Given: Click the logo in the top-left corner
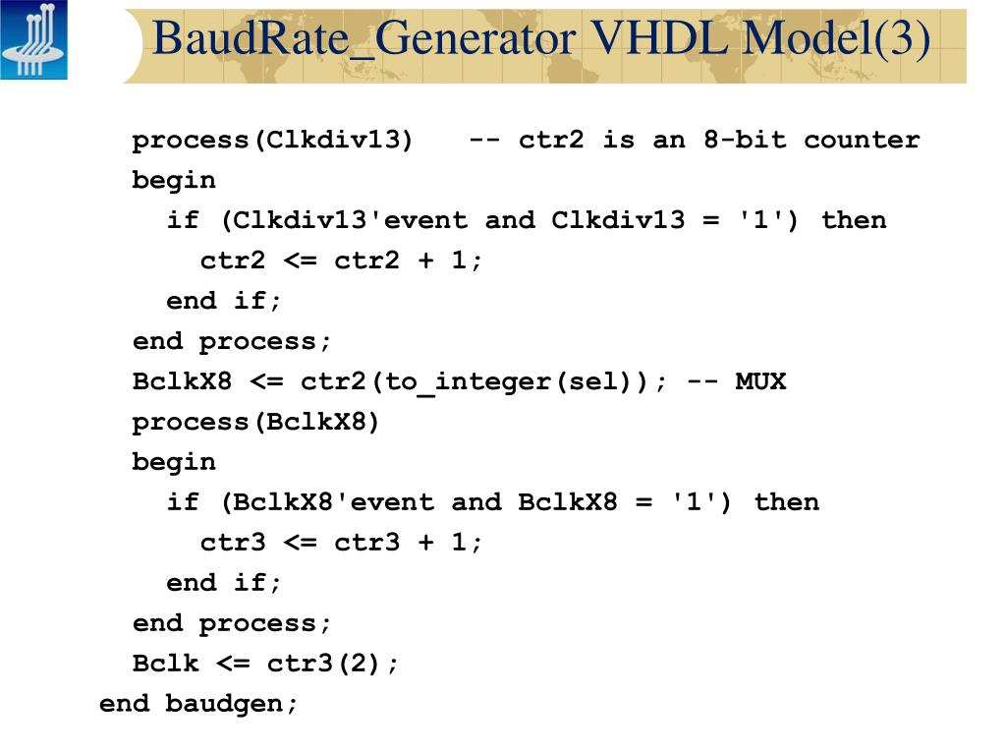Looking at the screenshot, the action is click(34, 40).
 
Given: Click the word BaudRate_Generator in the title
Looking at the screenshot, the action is click(363, 39).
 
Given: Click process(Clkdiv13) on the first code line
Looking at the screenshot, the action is click(273, 140).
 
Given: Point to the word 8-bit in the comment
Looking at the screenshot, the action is click(745, 140).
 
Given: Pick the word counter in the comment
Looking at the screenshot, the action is click(862, 140).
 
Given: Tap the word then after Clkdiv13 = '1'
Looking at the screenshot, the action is click(853, 220).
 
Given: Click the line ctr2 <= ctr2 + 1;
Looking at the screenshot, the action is click(341, 261).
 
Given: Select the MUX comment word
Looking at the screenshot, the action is click(760, 381).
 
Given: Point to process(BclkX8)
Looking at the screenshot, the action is click(256, 422).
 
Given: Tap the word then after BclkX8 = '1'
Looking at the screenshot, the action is click(786, 502).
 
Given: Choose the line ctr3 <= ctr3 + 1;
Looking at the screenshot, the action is click(341, 543).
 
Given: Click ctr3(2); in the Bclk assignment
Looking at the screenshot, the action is click(333, 664).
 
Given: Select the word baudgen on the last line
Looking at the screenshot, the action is click(231, 704).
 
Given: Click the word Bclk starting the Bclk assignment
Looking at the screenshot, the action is click(166, 664).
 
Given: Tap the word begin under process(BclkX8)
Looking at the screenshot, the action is click(174, 462).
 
